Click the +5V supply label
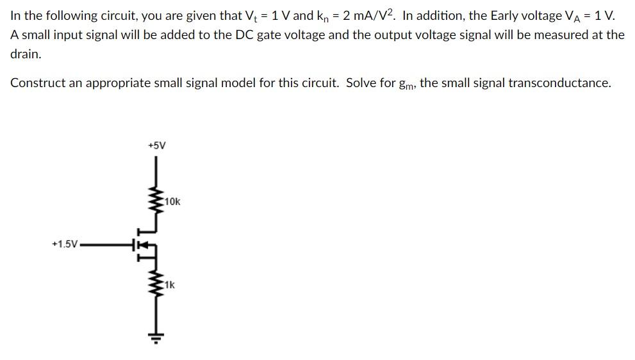point(156,145)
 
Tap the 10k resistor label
point(172,202)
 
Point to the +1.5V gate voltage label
point(65,244)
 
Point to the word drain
point(26,54)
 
